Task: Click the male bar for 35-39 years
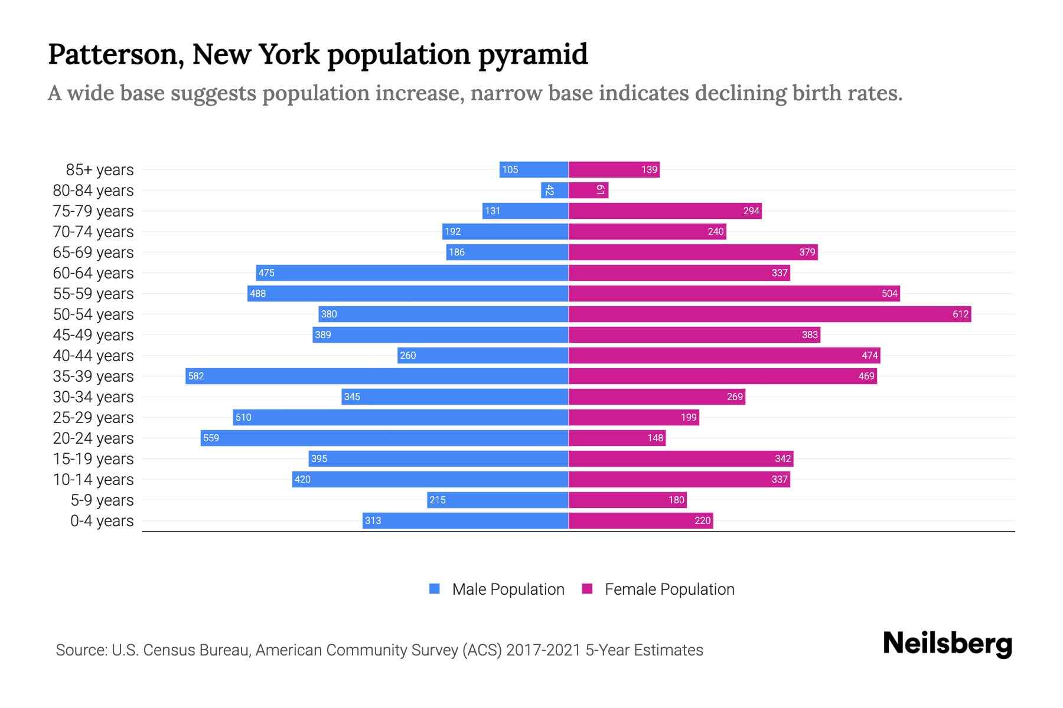coord(377,376)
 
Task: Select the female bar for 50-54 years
coord(769,314)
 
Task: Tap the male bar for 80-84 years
coord(555,190)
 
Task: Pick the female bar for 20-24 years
coord(617,438)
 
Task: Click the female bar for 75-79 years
coord(665,211)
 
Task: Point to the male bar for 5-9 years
coord(497,500)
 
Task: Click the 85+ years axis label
coord(100,170)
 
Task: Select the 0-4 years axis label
coord(102,521)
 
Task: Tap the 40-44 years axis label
coord(93,356)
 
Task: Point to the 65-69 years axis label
coord(93,253)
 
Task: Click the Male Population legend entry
coord(497,589)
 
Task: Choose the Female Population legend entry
coord(658,589)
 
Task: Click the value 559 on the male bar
coord(211,438)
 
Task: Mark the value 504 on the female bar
coord(889,293)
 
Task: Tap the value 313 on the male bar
coord(373,520)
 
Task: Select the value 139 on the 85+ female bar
coord(649,169)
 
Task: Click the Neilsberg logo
coord(947,644)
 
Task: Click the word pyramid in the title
coord(533,55)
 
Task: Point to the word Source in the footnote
coord(81,650)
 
